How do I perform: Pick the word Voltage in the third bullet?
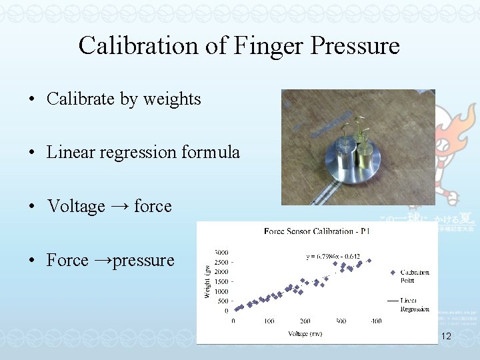pyautogui.click(x=76, y=207)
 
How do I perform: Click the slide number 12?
pyautogui.click(x=446, y=337)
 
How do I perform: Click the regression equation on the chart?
pyautogui.click(x=333, y=255)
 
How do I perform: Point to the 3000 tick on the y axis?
pyautogui.click(x=221, y=252)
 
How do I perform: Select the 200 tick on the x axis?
pyautogui.click(x=305, y=321)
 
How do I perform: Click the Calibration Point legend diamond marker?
pyautogui.click(x=392, y=272)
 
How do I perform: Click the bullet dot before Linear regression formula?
pyautogui.click(x=31, y=153)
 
